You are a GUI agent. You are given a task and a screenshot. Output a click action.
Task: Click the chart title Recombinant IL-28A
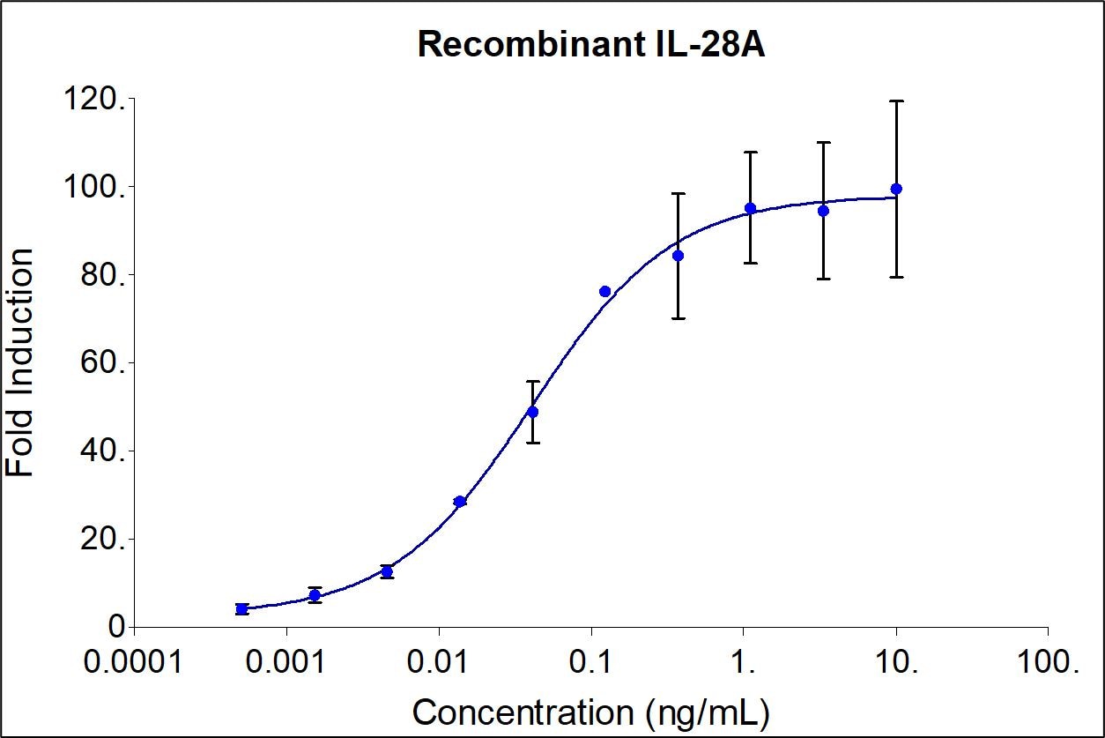click(x=591, y=44)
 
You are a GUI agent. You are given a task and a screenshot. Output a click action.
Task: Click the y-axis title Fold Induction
click(x=21, y=362)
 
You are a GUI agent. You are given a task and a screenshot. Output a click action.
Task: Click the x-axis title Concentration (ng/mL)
click(x=590, y=712)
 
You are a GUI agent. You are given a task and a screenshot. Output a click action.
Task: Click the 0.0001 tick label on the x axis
click(x=133, y=661)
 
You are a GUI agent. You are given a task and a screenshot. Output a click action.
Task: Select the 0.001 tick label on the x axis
click(x=286, y=661)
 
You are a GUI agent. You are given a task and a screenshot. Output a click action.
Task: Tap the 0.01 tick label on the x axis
click(x=438, y=661)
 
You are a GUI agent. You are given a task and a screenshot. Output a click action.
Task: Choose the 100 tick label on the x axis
click(x=1049, y=661)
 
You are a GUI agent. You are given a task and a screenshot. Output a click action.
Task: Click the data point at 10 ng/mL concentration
click(x=896, y=189)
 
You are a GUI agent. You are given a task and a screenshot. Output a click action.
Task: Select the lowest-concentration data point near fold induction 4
click(x=241, y=609)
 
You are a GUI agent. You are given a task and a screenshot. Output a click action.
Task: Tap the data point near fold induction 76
click(x=604, y=292)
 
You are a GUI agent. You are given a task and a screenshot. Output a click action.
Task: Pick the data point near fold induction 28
click(x=459, y=502)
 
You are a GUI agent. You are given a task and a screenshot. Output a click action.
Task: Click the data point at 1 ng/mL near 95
click(x=750, y=208)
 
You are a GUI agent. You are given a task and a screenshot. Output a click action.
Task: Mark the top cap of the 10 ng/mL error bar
click(x=896, y=101)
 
